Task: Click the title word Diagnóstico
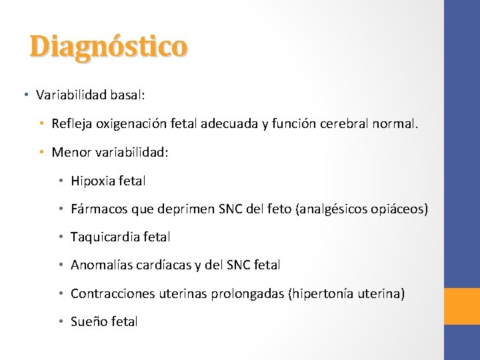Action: (109, 47)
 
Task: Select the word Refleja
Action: (73, 124)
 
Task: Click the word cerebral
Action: (353, 124)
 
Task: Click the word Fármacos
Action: (98, 209)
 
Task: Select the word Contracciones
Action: (111, 293)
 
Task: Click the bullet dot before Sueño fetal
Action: (61, 321)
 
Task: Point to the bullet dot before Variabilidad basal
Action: (25, 95)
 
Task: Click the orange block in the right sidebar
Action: (462, 306)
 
